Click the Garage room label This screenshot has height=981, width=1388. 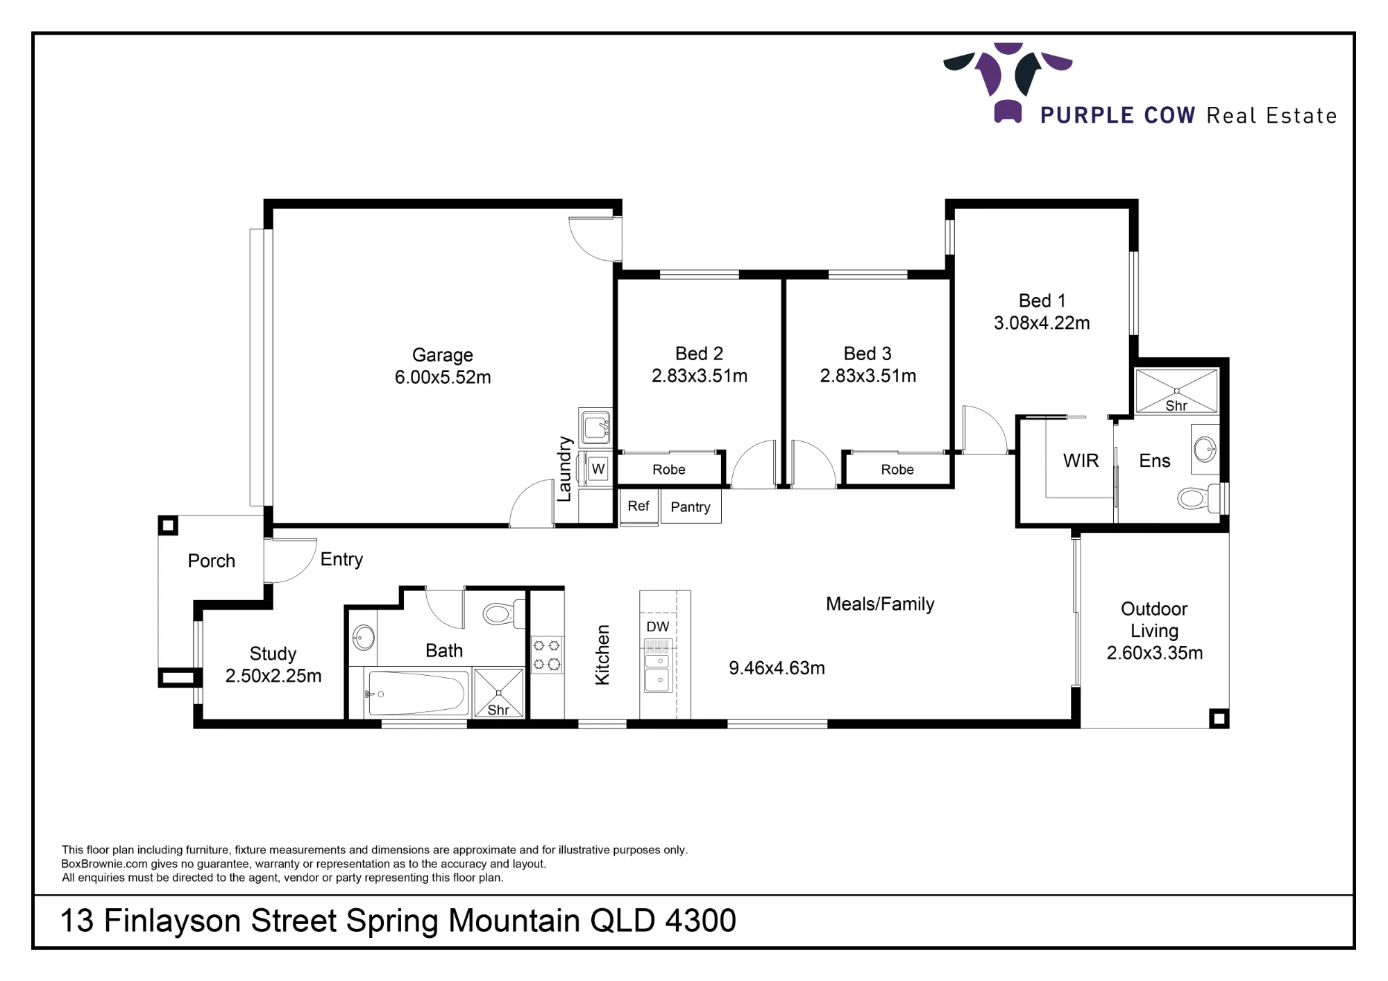click(443, 355)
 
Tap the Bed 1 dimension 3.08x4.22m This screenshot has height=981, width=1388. click(1042, 323)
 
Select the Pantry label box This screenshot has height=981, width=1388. click(691, 506)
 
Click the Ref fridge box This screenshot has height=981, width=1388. click(638, 506)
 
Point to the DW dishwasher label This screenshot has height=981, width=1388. click(658, 626)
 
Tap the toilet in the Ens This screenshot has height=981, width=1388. click(1199, 497)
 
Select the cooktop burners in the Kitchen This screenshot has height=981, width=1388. click(547, 655)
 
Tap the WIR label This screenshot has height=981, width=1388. click(1081, 461)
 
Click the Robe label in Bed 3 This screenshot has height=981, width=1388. click(897, 470)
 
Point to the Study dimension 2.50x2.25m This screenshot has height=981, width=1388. click(273, 676)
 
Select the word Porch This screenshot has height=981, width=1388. click(212, 561)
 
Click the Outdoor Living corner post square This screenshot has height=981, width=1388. click(1219, 718)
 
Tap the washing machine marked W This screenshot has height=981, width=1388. click(598, 469)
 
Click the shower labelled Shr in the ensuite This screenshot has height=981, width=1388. click(1176, 391)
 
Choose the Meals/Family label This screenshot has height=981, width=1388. click(880, 604)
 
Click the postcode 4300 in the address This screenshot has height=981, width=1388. click(700, 921)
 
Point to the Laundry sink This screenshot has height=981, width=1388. click(595, 427)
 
